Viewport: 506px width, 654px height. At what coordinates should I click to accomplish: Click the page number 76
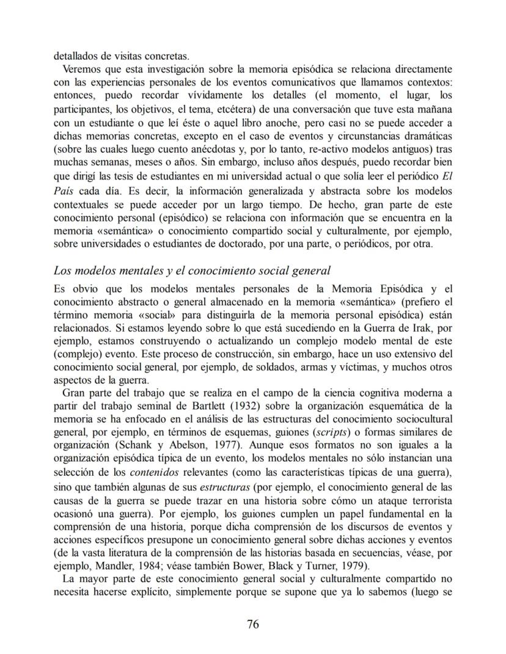click(253, 623)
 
